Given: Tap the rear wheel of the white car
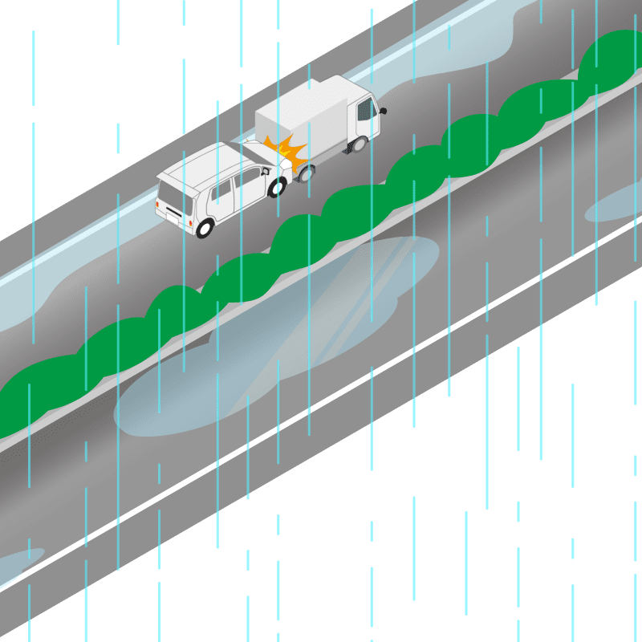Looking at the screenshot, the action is (x=205, y=228).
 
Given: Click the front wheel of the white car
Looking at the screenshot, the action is (x=277, y=189).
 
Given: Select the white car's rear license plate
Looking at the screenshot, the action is (x=172, y=213).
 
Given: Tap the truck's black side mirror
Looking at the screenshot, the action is (x=383, y=110).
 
